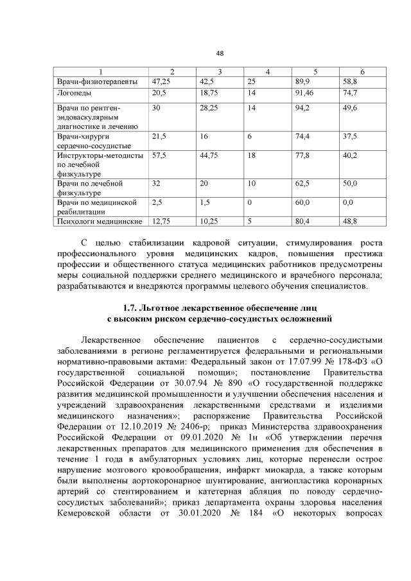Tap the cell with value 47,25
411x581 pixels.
click(x=161, y=82)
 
